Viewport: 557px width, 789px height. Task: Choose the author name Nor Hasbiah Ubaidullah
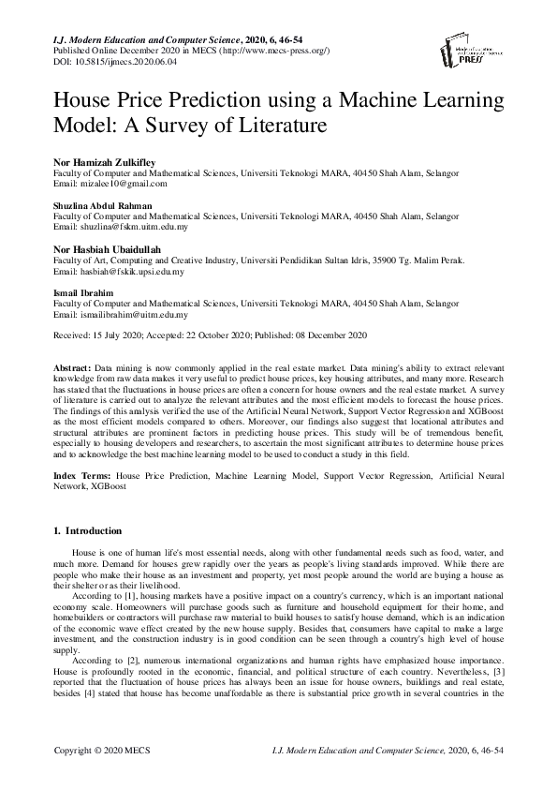tap(109, 250)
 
